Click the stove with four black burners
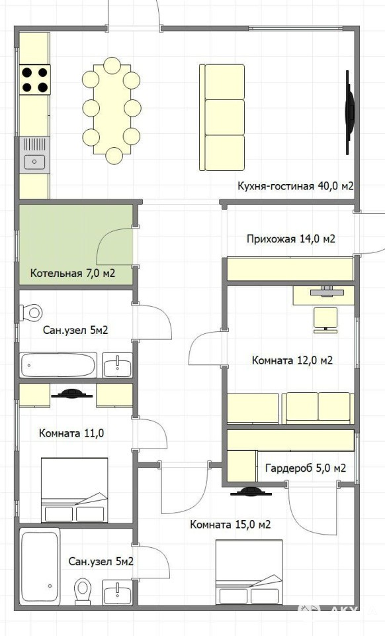tap(34, 79)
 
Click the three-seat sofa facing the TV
tap(222, 117)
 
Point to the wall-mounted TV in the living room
tap(349, 113)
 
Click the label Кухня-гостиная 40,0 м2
tap(296, 186)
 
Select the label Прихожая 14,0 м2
tap(291, 239)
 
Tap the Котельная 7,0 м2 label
tap(73, 273)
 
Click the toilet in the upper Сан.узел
tap(32, 312)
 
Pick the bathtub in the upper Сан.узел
tap(58, 365)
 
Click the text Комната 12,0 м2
tap(292, 360)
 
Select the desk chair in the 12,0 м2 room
tap(326, 320)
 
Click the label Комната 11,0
tap(71, 433)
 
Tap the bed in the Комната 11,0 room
tap(75, 490)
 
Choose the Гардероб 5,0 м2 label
tap(306, 468)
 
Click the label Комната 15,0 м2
tap(230, 525)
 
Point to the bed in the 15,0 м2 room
tap(249, 572)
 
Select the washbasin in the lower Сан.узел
tap(117, 592)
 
